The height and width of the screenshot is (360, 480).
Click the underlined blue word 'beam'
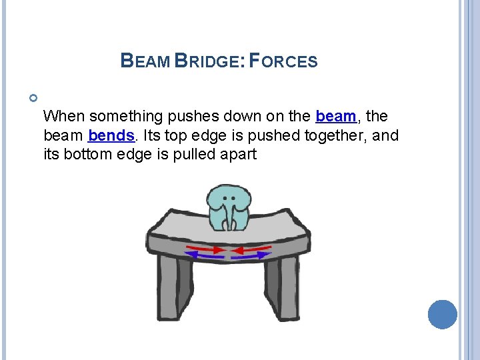[x=335, y=117]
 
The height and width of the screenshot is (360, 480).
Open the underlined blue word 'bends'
[x=111, y=136]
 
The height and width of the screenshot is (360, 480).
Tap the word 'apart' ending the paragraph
[x=239, y=155]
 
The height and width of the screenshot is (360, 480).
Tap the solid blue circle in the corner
[x=442, y=315]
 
